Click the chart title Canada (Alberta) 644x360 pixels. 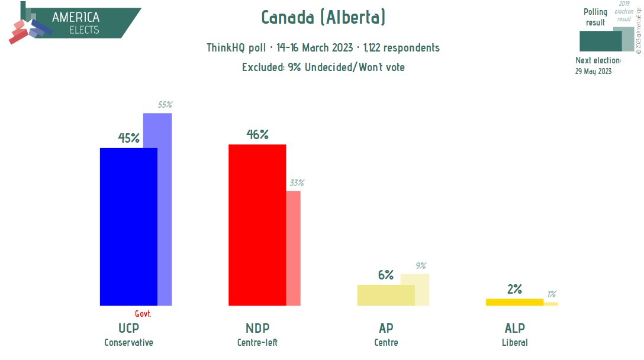pyautogui.click(x=323, y=18)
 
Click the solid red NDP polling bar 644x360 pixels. pyautogui.click(x=257, y=225)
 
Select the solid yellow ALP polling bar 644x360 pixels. pyautogui.click(x=514, y=302)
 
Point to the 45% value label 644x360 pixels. pyautogui.click(x=128, y=139)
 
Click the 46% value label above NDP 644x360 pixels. pyautogui.click(x=257, y=135)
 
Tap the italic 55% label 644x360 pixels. pyautogui.click(x=165, y=105)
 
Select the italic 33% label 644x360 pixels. pyautogui.click(x=297, y=183)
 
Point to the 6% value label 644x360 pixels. pyautogui.click(x=385, y=275)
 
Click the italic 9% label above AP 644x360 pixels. pyautogui.click(x=421, y=266)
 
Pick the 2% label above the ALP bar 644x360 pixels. pyautogui.click(x=514, y=290)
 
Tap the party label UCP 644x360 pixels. pyautogui.click(x=128, y=329)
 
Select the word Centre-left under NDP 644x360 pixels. pyautogui.click(x=257, y=343)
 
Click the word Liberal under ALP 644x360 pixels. pyautogui.click(x=514, y=343)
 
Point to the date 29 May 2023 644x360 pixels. pyautogui.click(x=593, y=71)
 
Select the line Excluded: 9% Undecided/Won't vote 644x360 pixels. pyautogui.click(x=323, y=67)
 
